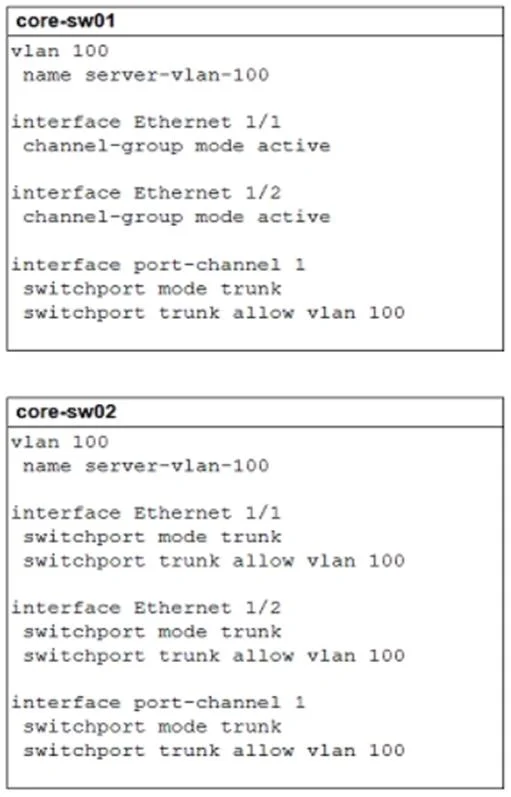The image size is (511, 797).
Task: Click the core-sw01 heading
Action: point(66,21)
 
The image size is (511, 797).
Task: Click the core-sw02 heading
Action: point(66,412)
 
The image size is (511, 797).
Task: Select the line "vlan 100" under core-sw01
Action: point(60,51)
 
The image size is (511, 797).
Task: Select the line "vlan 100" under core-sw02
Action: point(60,442)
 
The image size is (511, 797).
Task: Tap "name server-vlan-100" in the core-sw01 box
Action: point(146,75)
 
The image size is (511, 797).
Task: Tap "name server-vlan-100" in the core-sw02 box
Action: point(146,466)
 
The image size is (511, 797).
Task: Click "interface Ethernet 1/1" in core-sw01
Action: point(146,122)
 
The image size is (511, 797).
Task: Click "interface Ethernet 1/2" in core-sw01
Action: point(146,193)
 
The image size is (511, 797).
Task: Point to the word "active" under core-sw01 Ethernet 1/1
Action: point(294,146)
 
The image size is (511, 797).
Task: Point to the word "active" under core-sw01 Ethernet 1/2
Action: point(294,217)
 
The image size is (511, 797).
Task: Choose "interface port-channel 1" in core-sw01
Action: point(158,265)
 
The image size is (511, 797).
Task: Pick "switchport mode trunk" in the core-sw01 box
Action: point(152,289)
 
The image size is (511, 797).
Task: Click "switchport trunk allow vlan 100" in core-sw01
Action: point(214,313)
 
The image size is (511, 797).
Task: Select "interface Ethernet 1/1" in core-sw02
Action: point(146,513)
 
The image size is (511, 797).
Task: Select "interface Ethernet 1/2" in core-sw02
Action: point(146,608)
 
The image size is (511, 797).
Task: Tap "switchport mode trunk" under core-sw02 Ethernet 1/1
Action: point(152,537)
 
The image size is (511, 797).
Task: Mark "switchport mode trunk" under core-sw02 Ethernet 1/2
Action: point(152,632)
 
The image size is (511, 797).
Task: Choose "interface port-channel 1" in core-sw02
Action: point(158,703)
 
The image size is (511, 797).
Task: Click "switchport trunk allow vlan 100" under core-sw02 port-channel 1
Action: point(214,751)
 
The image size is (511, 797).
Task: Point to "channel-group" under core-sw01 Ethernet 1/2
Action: point(103,218)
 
